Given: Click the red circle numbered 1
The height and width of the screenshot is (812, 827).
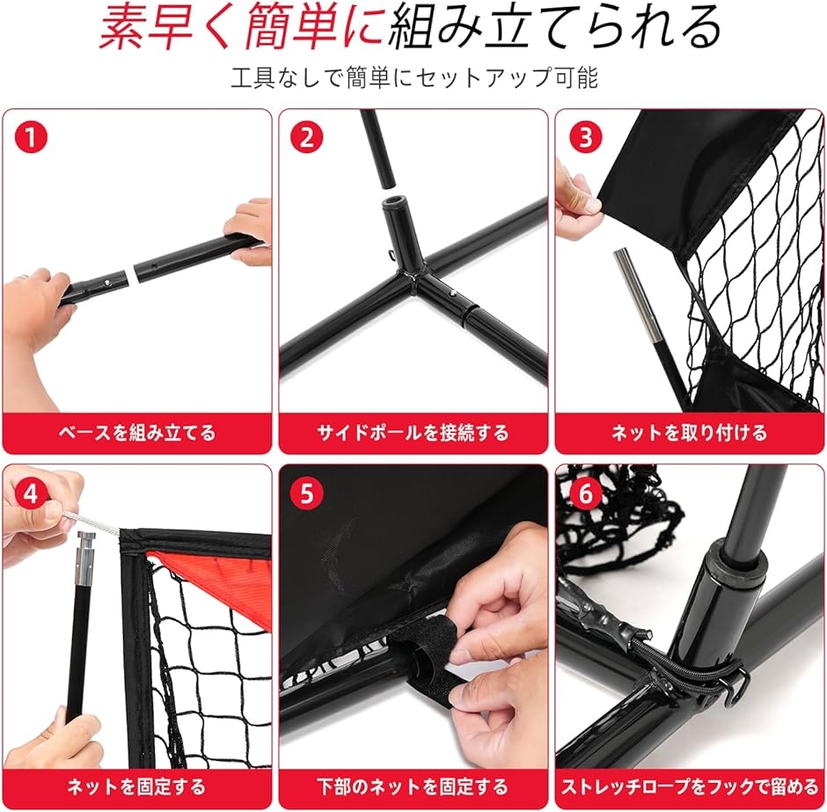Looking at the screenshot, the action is coord(31,137).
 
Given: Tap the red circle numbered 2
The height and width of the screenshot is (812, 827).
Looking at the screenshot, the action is coord(307,137).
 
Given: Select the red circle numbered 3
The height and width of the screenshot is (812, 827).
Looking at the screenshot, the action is coord(586,137).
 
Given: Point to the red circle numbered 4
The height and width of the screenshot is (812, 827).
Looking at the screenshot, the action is coord(31,494).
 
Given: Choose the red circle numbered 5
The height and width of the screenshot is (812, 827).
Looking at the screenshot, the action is coord(307,494).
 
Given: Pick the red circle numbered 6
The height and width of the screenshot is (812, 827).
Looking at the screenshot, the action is coord(586,494).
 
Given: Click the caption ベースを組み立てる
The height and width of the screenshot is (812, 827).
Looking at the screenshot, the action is coord(137,433).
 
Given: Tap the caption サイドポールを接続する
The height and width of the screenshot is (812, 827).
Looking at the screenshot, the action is coord(413,433).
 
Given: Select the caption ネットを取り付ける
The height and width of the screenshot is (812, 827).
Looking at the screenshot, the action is coord(689,433).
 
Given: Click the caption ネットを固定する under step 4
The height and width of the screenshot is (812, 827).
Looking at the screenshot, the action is coord(136,787).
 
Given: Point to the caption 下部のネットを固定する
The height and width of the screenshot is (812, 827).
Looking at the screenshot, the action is coord(413,787).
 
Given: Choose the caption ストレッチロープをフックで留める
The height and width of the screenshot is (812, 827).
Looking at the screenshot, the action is coord(690,787).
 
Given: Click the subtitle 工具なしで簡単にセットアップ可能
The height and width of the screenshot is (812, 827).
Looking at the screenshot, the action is coord(414,78).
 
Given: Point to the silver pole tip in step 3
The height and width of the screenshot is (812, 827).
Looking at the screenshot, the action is coord(637,296).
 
